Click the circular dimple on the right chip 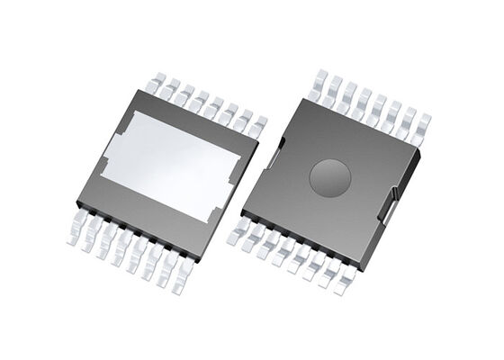click(x=329, y=176)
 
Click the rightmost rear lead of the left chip click(x=259, y=126)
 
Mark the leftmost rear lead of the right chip click(x=317, y=82)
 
